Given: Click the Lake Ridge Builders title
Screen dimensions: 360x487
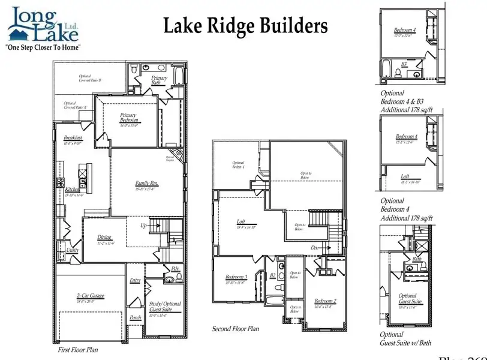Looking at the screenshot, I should (x=246, y=26).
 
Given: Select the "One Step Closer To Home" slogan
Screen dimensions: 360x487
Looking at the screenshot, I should (x=43, y=47).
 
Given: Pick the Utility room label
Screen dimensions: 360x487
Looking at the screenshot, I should (x=73, y=250).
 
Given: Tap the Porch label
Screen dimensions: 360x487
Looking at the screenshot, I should (x=136, y=317).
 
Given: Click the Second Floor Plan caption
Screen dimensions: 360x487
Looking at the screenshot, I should (x=236, y=329).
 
